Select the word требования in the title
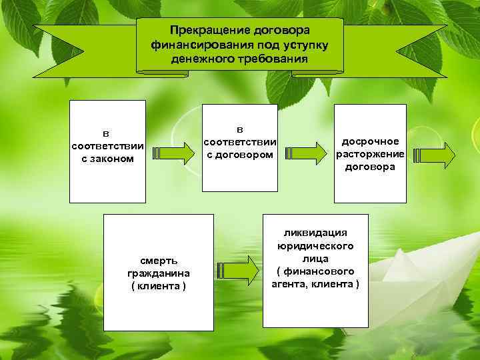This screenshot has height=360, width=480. tap(273, 58)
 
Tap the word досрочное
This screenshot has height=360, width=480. tap(370, 141)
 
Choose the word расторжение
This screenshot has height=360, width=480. tap(370, 154)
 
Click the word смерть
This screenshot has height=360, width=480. tap(158, 261)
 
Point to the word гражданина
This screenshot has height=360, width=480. tap(158, 273)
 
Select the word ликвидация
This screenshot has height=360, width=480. tap(315, 233)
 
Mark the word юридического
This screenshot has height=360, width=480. tap(315, 245)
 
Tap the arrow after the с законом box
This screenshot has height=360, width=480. tap(173, 153)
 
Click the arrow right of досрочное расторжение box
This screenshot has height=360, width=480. tap(434, 155)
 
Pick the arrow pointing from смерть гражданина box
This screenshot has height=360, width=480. tap(237, 269)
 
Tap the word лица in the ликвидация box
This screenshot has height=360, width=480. tap(315, 258)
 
